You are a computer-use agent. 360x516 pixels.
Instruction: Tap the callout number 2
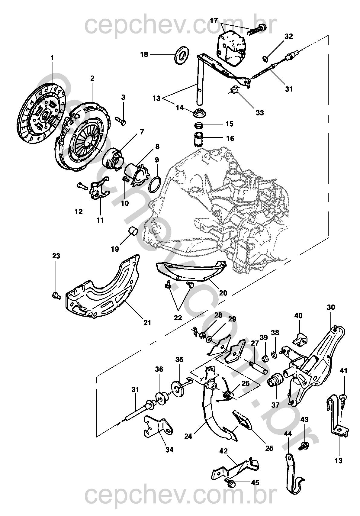(x=92, y=78)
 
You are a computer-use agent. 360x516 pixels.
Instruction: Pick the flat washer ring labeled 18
(x=182, y=54)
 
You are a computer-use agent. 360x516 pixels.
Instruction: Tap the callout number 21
(x=147, y=323)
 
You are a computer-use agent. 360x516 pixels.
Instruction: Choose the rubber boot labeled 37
(x=275, y=380)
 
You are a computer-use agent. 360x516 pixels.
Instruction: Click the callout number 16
(x=230, y=138)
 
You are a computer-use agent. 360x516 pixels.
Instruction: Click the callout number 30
(x=331, y=307)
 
